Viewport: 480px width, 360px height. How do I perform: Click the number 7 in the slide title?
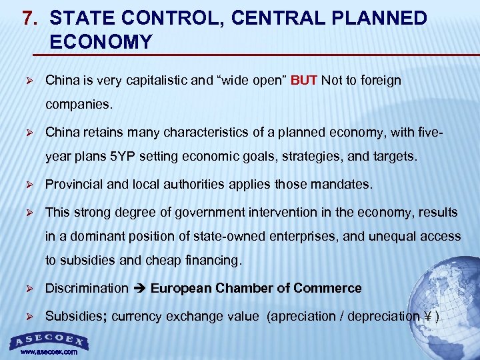coord(28,17)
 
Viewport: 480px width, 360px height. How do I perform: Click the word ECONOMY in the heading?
coord(101,42)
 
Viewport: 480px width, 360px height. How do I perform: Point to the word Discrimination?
coord(87,289)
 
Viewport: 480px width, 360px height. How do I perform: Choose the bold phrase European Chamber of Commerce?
coord(256,289)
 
